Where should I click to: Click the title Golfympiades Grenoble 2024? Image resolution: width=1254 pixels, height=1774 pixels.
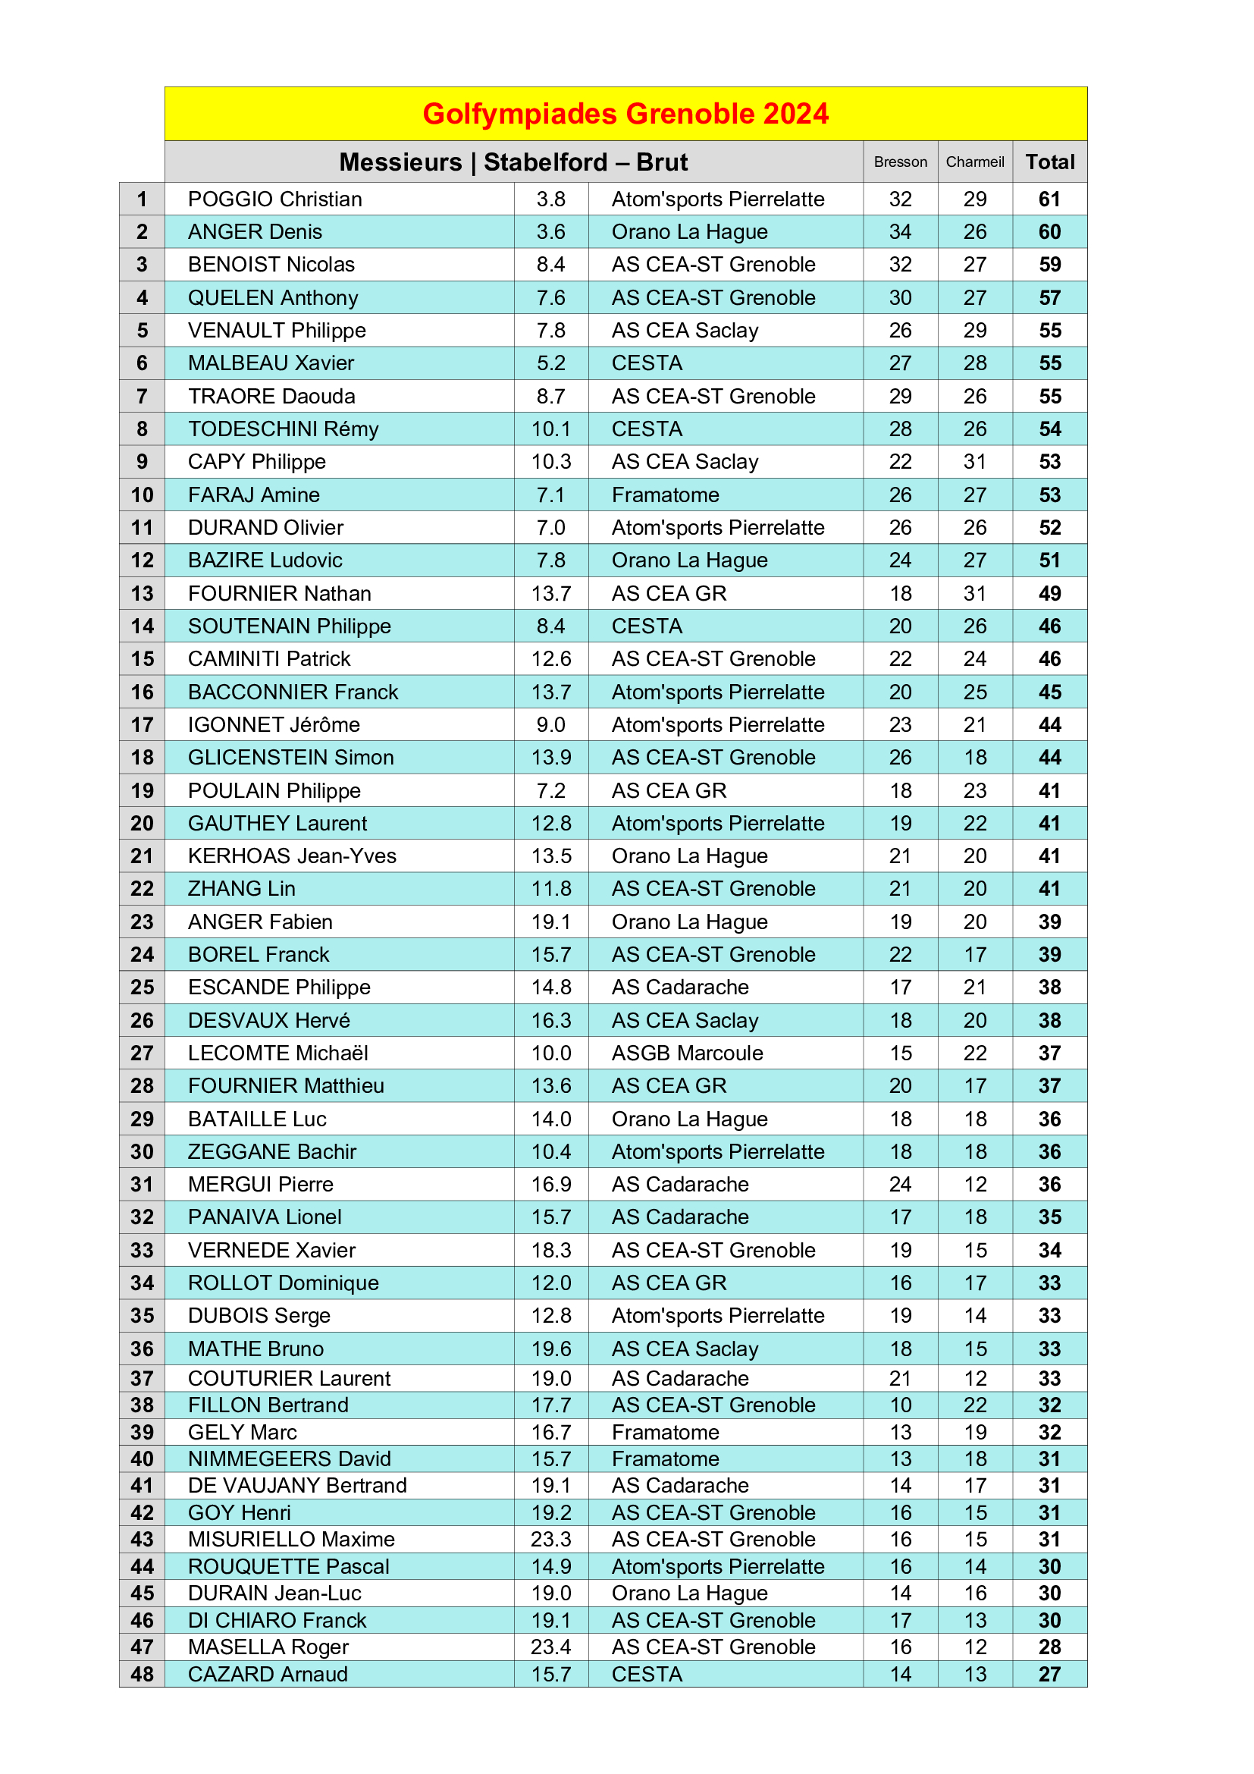625,114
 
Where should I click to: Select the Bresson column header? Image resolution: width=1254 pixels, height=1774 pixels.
901,162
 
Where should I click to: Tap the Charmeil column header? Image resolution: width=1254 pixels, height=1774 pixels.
974,162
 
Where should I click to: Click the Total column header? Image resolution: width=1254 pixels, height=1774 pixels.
1049,162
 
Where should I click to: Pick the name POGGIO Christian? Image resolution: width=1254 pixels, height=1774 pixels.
275,199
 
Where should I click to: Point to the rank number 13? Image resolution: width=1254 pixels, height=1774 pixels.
142,593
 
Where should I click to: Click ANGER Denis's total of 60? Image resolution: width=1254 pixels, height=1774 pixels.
1049,232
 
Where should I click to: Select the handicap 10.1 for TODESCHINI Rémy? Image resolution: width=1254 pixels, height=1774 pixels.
550,429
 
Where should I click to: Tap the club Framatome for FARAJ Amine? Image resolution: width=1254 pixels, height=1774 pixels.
665,495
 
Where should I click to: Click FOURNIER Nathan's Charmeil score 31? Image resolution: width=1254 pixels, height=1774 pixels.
974,593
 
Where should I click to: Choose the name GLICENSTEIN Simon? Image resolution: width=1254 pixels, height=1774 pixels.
290,757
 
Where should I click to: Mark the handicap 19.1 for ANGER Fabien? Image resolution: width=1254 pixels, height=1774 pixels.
550,922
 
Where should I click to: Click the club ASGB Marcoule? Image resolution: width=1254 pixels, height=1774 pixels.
686,1053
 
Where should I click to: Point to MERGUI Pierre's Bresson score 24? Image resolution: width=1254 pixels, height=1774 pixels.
901,1185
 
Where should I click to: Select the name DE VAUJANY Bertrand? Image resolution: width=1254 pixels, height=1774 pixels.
297,1485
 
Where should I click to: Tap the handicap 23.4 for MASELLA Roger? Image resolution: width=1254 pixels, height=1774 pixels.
550,1647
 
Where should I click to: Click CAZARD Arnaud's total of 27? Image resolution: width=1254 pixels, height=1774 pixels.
1049,1674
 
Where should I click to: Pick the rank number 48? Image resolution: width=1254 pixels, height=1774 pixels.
142,1674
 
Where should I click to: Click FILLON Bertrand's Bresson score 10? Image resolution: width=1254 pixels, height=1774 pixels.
901,1405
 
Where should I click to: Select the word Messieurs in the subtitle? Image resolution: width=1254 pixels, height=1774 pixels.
400,162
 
